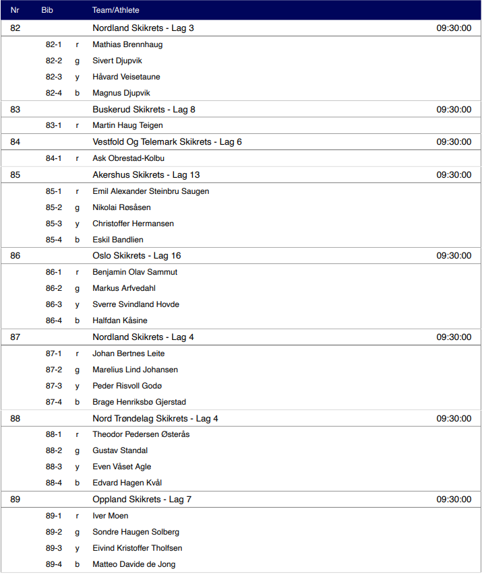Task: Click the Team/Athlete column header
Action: [115, 10]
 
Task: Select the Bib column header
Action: [47, 10]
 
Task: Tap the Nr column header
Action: [15, 10]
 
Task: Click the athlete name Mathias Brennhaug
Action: [127, 44]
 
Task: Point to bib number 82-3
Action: [54, 77]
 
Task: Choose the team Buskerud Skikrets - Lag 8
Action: [144, 109]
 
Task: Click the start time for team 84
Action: [454, 142]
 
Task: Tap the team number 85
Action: [16, 175]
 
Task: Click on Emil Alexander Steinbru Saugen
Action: [150, 191]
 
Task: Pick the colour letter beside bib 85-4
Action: [77, 240]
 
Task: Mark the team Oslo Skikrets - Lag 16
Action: [136, 256]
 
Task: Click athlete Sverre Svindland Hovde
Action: [135, 304]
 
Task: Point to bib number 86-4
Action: [54, 320]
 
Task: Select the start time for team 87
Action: [454, 337]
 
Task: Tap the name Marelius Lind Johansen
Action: [134, 370]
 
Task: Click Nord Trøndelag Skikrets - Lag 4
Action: [155, 418]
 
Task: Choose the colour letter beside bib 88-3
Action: [77, 467]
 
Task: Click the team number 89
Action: [16, 500]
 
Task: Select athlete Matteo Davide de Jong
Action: [133, 564]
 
